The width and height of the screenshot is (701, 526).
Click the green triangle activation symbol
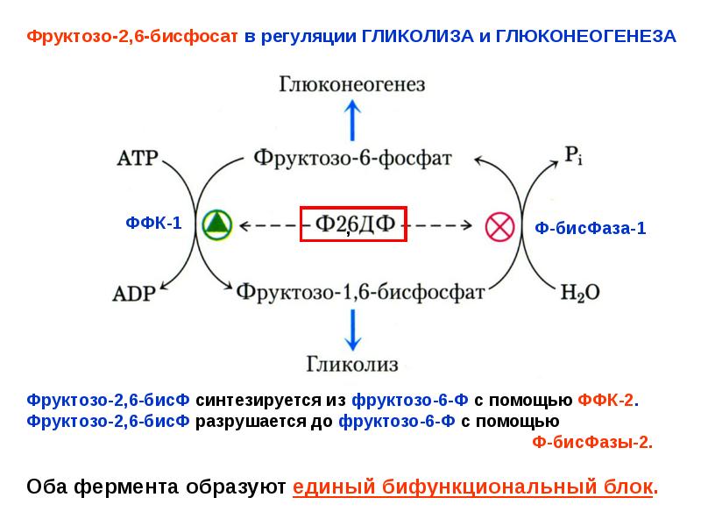216,225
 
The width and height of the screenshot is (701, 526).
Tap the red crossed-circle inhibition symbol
499,227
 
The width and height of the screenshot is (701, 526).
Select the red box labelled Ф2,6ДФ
353,224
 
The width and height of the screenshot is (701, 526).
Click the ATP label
138,159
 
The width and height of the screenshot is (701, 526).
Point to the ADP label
134,294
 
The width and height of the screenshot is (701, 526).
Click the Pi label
574,156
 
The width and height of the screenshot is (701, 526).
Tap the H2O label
580,293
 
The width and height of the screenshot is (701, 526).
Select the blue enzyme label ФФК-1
154,223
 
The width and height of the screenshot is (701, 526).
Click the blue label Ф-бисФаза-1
590,228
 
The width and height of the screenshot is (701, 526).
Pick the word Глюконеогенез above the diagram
352,84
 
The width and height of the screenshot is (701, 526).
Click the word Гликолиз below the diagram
352,364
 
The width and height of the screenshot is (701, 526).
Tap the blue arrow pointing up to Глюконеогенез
353,120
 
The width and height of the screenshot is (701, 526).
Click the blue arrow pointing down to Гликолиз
353,331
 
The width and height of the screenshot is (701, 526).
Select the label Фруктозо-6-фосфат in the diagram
353,158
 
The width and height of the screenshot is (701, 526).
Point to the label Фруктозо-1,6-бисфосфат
360,293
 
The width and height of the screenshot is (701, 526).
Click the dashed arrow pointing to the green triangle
270,225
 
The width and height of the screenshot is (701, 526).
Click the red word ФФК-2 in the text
605,400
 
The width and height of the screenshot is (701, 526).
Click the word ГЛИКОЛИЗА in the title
418,36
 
